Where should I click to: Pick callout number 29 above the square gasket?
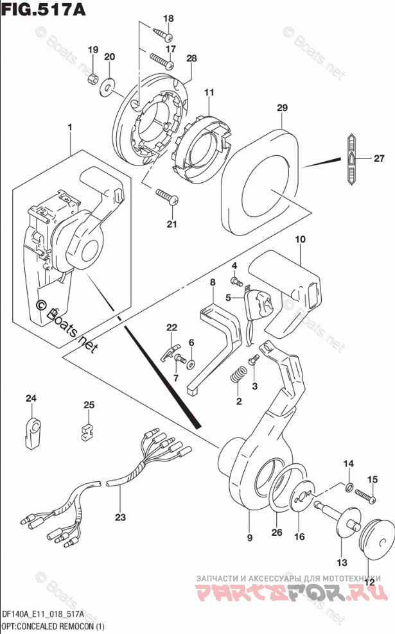pos(281,109)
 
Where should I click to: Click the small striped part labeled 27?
pos(353,158)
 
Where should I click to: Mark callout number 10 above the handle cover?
pos(300,240)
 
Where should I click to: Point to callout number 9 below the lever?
pos(250,537)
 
